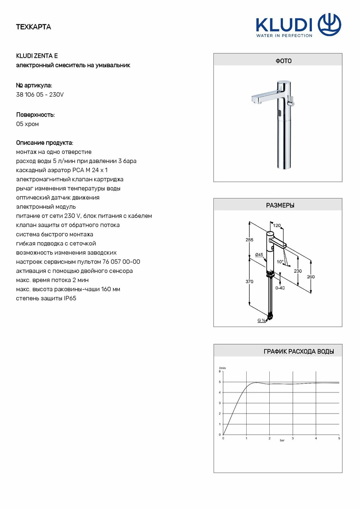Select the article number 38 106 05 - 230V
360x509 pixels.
click(x=40, y=95)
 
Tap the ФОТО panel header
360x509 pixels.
click(x=278, y=61)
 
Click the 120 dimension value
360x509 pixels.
click(x=277, y=225)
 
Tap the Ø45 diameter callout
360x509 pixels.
click(x=259, y=254)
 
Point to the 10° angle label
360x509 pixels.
click(x=280, y=262)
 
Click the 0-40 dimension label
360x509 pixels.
click(x=280, y=288)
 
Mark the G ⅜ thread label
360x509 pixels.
click(x=261, y=320)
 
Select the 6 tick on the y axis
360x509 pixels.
click(x=220, y=371)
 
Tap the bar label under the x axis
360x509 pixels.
click(x=282, y=441)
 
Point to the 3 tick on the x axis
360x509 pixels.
click(x=293, y=438)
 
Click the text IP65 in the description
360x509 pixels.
click(x=70, y=298)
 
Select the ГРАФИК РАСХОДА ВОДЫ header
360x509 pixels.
click(x=298, y=352)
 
